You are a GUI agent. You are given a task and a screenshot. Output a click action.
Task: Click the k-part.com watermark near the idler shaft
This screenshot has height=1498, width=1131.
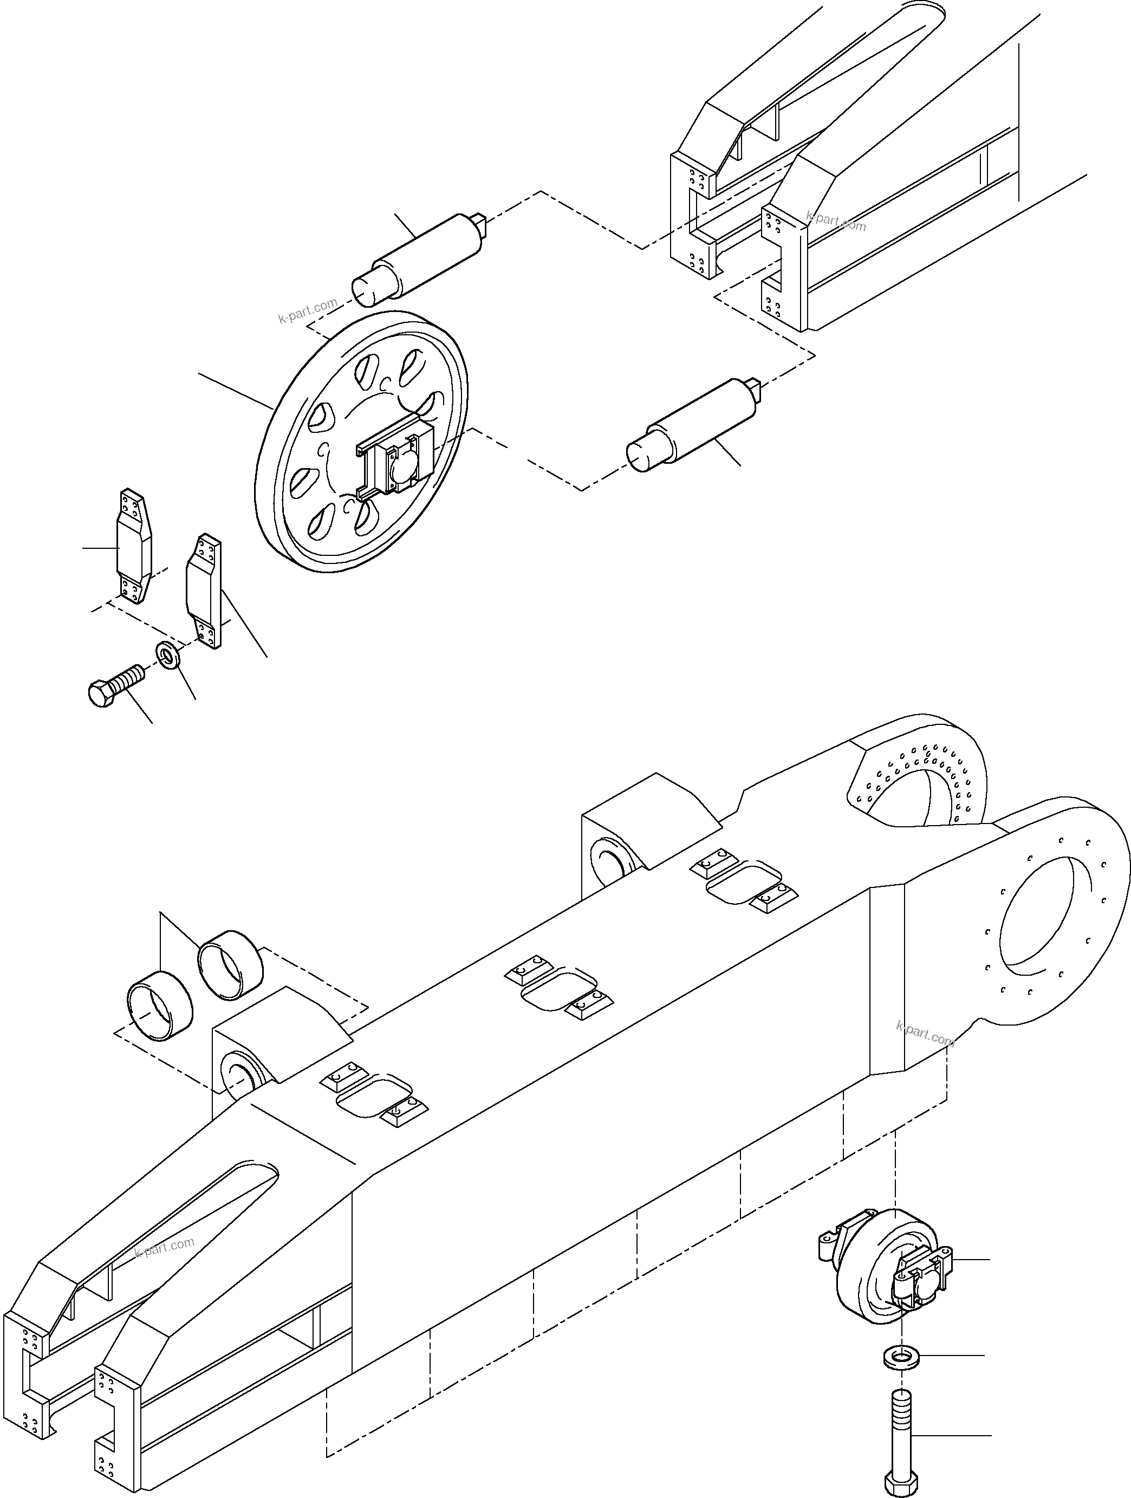click(x=308, y=310)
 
